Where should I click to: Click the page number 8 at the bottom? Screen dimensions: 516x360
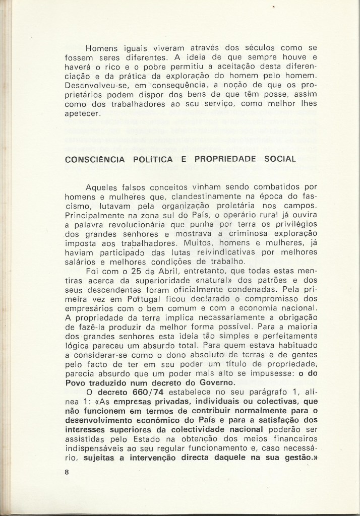67,472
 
